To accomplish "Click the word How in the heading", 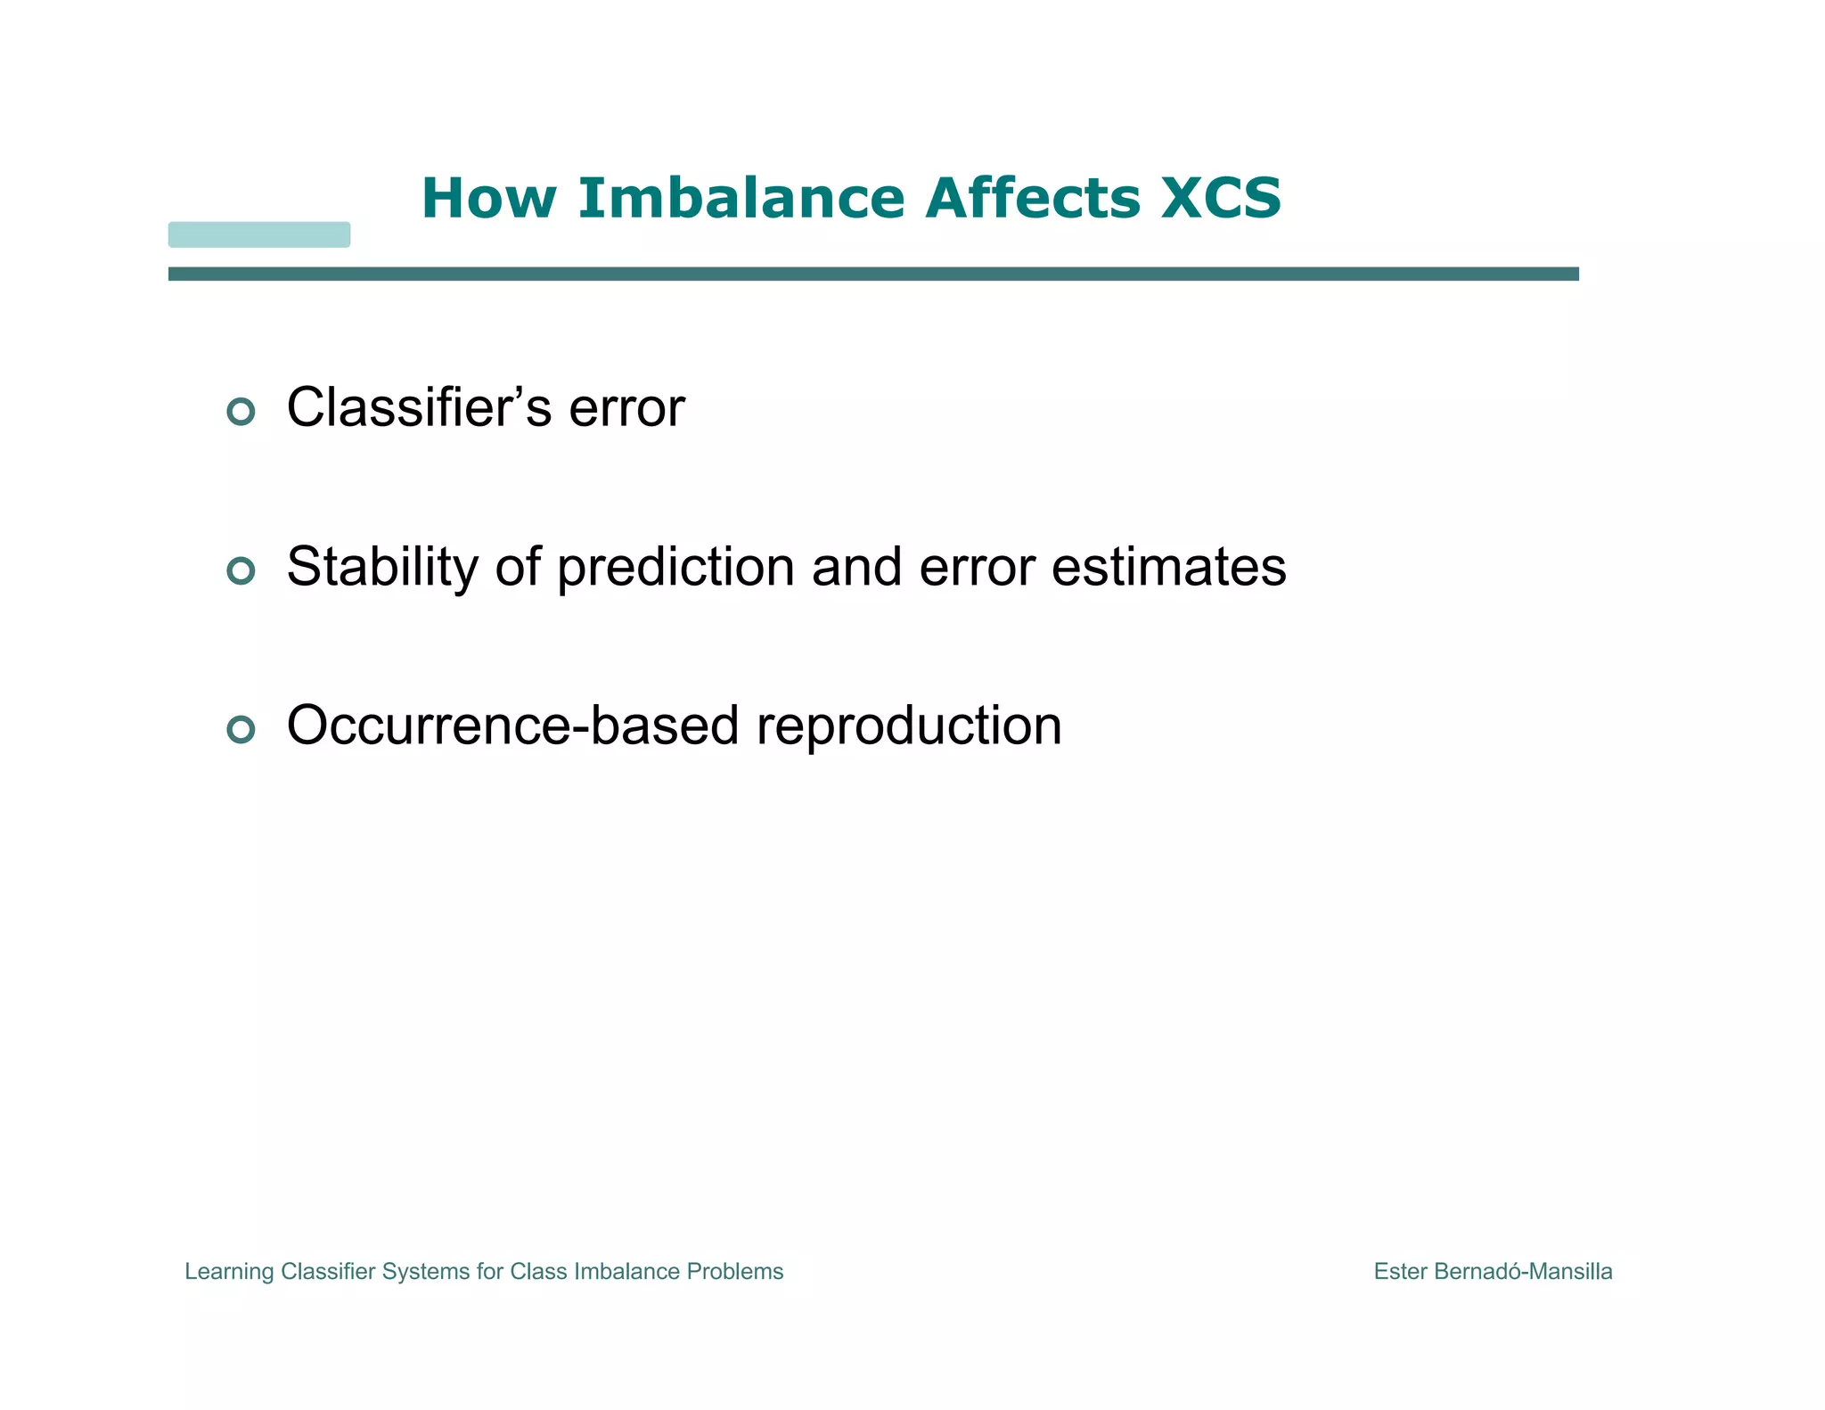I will point(488,198).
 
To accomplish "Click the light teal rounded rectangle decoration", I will point(259,234).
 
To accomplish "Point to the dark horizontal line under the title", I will point(873,274).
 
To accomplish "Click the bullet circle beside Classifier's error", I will point(241,411).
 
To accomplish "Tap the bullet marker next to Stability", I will point(241,570).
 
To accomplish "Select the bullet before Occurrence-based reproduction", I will point(241,729).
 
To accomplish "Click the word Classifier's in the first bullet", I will point(419,408).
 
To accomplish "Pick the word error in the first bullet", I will point(626,408).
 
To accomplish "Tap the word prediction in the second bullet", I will point(675,567).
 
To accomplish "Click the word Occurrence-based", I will point(512,725).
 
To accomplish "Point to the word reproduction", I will point(909,725).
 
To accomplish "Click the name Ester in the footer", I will point(1401,1272).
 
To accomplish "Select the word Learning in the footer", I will point(229,1272).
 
